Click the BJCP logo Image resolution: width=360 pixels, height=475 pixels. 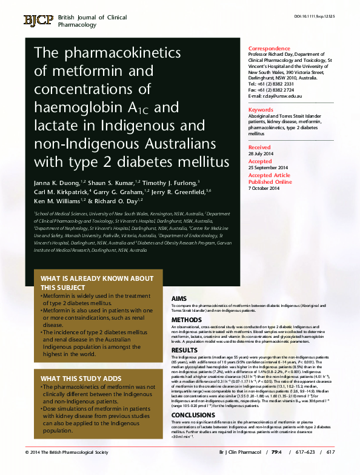coord(38,21)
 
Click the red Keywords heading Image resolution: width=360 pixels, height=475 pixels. coord(261,110)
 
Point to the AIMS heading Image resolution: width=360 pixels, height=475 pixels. coord(179,299)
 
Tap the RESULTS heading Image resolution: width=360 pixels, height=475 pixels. coord(184,350)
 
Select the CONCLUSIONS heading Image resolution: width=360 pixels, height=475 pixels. coord(193,415)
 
